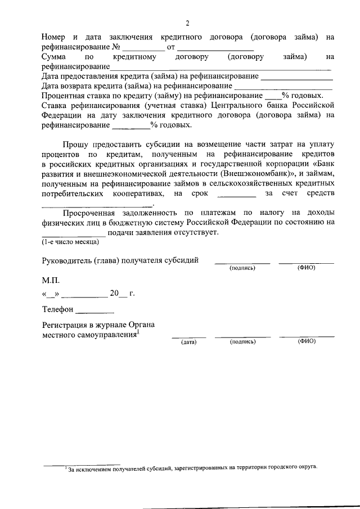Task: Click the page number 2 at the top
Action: (187, 23)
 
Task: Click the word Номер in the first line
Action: (55, 37)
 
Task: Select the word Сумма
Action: (55, 57)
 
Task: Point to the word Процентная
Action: (63, 96)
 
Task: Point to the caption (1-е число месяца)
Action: (70, 242)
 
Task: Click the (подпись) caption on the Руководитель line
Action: (242, 268)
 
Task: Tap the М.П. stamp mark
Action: (50, 280)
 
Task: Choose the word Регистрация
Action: (66, 325)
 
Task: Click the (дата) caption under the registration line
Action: (188, 341)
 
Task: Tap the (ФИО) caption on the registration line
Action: (307, 341)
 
